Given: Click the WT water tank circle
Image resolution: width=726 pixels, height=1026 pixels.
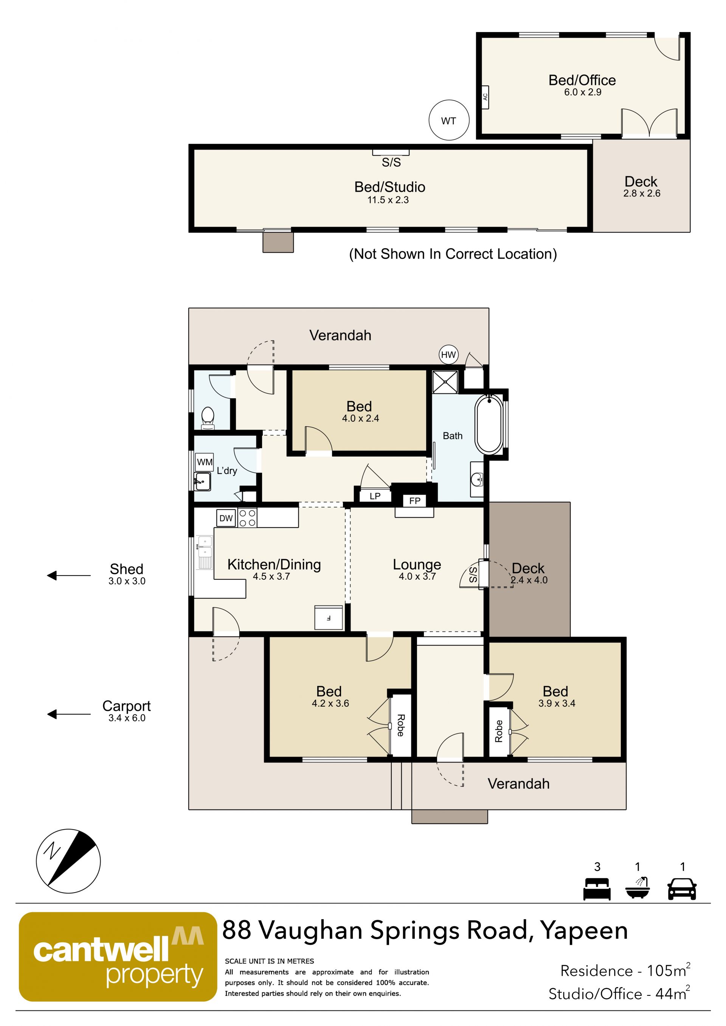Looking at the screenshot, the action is click(449, 120).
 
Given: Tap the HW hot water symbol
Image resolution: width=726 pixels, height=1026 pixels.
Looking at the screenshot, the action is click(448, 355).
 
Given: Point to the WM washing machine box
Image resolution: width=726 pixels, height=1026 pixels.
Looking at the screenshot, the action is click(205, 462).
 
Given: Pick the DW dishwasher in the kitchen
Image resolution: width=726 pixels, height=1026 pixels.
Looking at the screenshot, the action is click(226, 518).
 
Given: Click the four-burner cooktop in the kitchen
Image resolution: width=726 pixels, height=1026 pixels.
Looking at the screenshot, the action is click(247, 518).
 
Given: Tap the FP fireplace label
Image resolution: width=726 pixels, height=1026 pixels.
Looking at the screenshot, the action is click(414, 501).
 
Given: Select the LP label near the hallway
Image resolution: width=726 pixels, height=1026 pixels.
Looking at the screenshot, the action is click(375, 496).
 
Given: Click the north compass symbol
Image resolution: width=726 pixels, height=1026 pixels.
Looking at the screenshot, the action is click(68, 862).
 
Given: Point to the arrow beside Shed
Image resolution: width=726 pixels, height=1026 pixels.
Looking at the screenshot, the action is click(69, 575).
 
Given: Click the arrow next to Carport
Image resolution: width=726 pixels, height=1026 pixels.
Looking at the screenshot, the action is click(69, 714).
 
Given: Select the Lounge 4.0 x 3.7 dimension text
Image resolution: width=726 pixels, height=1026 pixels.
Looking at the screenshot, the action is click(417, 576).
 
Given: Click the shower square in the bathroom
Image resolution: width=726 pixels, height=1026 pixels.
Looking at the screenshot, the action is click(445, 382).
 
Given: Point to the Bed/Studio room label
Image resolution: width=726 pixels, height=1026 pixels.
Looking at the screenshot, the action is click(390, 187).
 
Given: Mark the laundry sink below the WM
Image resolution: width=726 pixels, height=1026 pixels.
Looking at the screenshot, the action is click(203, 481).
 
